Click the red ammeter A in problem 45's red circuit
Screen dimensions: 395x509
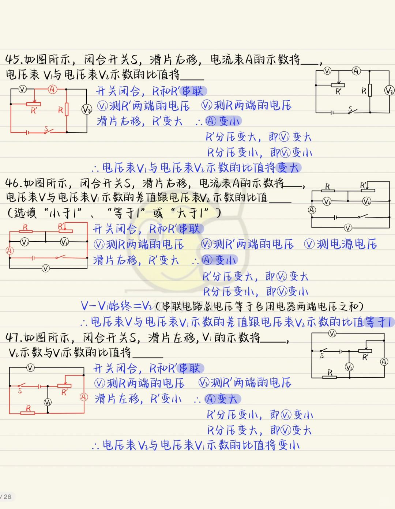(53, 89)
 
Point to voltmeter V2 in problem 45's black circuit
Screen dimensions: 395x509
(389, 90)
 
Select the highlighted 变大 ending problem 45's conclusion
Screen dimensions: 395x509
(289, 168)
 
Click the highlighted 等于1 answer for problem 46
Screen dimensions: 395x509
(379, 322)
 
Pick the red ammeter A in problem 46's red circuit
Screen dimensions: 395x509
(10, 250)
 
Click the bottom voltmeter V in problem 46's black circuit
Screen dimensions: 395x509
(348, 228)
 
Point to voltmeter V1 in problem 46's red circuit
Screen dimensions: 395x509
(25, 242)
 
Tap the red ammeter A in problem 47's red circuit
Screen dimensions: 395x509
(84, 397)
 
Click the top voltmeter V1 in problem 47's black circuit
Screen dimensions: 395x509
(332, 333)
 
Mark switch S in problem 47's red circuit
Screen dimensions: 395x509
(20, 388)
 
